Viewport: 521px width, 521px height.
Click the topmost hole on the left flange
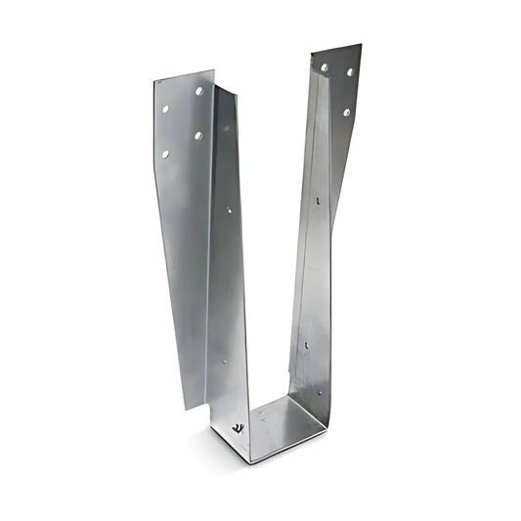click(x=199, y=91)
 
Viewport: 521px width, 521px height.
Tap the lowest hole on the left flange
click(x=165, y=153)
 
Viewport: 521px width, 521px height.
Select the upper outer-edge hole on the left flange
click(x=165, y=109)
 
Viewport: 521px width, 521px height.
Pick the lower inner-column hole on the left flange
click(x=198, y=135)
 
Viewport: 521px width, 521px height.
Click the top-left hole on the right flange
click(x=325, y=67)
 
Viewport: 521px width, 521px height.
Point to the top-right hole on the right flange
click(x=350, y=71)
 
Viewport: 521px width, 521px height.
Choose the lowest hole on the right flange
click(x=346, y=112)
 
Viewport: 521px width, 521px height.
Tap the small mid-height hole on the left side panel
click(x=230, y=209)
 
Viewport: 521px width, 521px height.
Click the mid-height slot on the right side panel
click(x=317, y=200)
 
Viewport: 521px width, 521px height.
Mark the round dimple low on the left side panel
click(x=224, y=362)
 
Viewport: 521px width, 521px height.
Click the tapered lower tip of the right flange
click(x=333, y=223)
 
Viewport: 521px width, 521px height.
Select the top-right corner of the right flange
click(x=361, y=45)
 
